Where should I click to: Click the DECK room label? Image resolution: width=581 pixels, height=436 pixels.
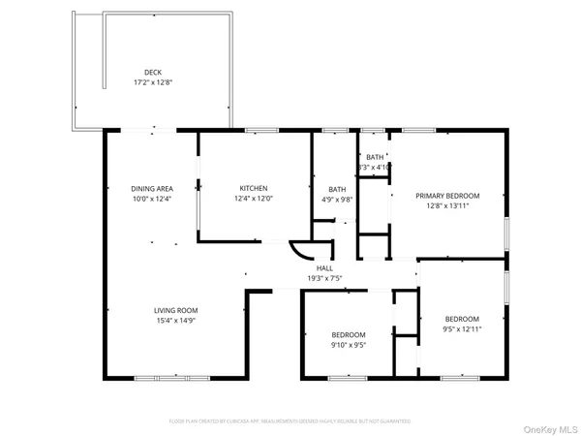click(153, 73)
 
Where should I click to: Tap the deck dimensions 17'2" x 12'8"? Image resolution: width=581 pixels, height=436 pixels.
click(153, 83)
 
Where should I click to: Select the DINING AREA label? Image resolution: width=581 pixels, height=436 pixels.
click(151, 188)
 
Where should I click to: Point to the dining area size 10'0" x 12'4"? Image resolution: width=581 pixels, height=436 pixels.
click(151, 199)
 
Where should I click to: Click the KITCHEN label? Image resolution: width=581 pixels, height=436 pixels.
click(254, 188)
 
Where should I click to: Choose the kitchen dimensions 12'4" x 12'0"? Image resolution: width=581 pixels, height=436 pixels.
click(254, 199)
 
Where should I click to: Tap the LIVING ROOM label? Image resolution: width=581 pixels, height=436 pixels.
click(176, 310)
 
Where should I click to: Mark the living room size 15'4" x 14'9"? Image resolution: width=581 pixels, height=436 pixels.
click(176, 322)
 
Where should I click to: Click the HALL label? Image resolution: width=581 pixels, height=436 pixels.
click(324, 268)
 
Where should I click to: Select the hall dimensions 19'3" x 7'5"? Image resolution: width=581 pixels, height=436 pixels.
click(324, 279)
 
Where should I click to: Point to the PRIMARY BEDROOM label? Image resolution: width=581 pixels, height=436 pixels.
click(447, 195)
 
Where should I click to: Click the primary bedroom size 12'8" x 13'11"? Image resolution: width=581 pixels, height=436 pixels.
click(447, 205)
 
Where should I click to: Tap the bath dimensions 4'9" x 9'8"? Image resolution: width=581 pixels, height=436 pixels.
click(337, 201)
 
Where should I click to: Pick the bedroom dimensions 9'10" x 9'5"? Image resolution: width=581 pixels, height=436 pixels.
click(348, 345)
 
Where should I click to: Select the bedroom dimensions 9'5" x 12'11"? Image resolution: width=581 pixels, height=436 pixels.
click(462, 329)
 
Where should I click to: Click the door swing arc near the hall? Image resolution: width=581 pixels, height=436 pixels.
click(302, 250)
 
